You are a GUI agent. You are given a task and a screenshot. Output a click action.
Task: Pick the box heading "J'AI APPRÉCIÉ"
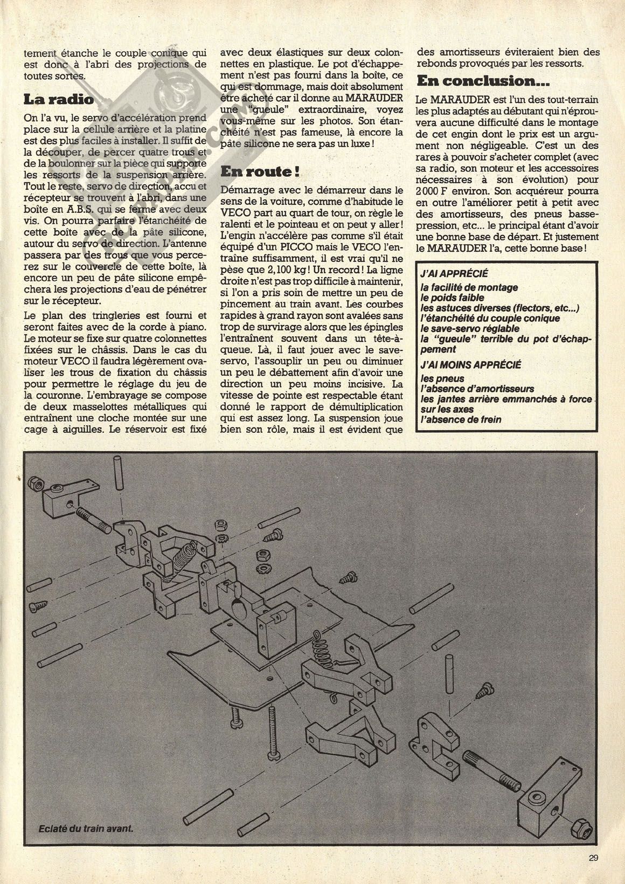(458, 274)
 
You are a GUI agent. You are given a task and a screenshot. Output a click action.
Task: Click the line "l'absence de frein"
(461, 419)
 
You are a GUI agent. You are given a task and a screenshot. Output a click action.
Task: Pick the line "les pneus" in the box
(442, 378)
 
